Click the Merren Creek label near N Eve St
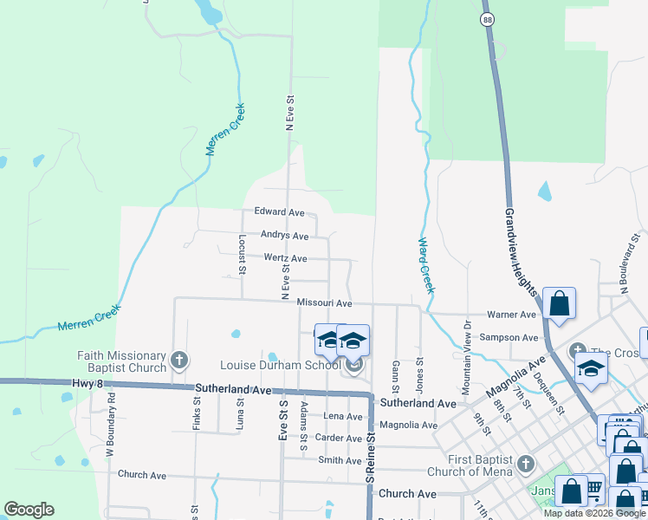(x=226, y=130)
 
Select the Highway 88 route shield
(x=489, y=18)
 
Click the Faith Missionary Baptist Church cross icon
(x=179, y=360)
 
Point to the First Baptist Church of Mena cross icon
(x=524, y=465)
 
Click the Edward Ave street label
(x=279, y=211)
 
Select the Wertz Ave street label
(x=285, y=258)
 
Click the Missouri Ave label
(x=324, y=303)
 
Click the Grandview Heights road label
(x=522, y=251)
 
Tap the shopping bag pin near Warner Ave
(x=560, y=304)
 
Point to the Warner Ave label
(x=512, y=315)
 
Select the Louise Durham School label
(x=280, y=365)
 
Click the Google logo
(x=29, y=510)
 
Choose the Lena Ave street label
(x=342, y=416)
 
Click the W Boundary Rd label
(x=110, y=428)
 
